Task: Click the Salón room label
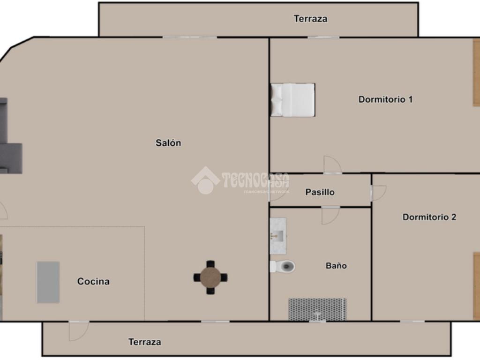click(x=168, y=143)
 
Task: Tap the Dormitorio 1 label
click(x=385, y=99)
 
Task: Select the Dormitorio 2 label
click(x=429, y=217)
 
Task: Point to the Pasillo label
click(x=320, y=192)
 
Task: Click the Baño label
click(x=336, y=265)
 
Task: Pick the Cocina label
click(x=93, y=281)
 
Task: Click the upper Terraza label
click(x=310, y=19)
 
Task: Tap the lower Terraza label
click(x=145, y=342)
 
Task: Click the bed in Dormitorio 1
click(x=292, y=100)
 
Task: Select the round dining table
click(x=210, y=277)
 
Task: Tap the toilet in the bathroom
click(x=282, y=266)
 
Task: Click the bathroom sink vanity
click(x=278, y=236)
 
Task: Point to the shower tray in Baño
click(x=317, y=309)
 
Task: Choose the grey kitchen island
click(x=48, y=282)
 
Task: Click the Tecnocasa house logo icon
click(x=205, y=180)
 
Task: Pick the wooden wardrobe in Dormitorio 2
click(x=477, y=286)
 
